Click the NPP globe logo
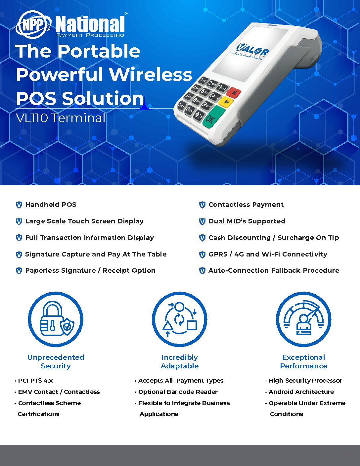(x=33, y=25)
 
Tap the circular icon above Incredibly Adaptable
(x=179, y=319)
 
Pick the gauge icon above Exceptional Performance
(x=303, y=319)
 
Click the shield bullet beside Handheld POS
(x=19, y=205)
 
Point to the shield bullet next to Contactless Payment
(x=202, y=205)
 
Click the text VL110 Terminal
(x=61, y=118)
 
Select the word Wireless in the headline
(x=151, y=74)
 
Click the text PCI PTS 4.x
(x=35, y=381)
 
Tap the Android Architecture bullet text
(x=301, y=392)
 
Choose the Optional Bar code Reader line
(x=178, y=392)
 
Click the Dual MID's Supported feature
(x=247, y=221)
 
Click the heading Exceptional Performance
(x=304, y=361)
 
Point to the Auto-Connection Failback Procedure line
(x=274, y=270)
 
